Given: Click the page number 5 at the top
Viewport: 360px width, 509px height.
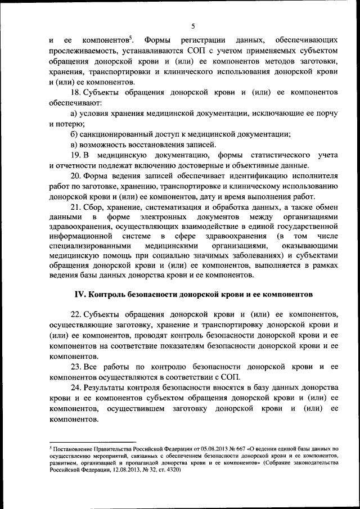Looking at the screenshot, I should [193, 26].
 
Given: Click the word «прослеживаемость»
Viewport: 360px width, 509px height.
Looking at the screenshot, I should [78, 51].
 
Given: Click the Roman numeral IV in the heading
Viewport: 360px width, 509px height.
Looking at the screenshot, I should [81, 295].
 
